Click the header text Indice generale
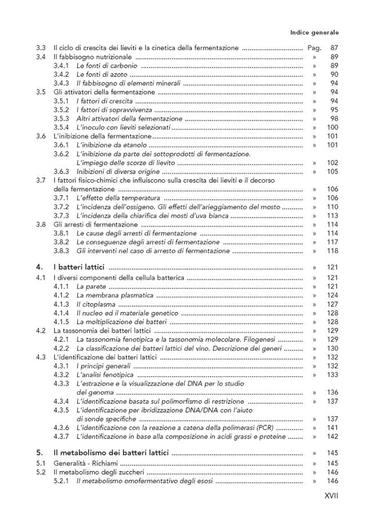click(x=315, y=33)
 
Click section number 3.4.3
click(x=61, y=83)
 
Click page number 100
click(x=332, y=127)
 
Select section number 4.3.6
click(x=61, y=428)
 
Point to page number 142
click(x=332, y=437)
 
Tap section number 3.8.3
click(x=61, y=251)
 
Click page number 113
click(x=332, y=216)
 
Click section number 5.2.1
click(x=61, y=481)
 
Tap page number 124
click(x=332, y=295)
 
